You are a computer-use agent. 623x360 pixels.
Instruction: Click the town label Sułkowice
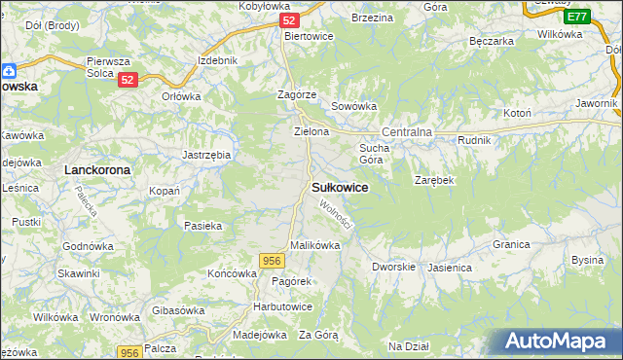(339, 187)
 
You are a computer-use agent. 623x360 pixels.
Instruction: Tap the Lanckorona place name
(96, 169)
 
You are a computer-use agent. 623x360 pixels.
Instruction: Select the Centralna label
(407, 131)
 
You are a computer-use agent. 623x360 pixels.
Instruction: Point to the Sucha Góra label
(375, 153)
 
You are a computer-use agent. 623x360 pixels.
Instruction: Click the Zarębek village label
(434, 181)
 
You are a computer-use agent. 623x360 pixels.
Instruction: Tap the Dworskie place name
(394, 266)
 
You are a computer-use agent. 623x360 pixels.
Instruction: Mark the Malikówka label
(314, 245)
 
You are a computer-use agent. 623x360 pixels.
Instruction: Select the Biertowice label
(309, 36)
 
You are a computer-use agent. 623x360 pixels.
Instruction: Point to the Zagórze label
(296, 94)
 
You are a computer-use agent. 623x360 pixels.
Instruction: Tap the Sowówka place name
(353, 106)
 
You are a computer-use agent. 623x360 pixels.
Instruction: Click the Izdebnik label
(217, 60)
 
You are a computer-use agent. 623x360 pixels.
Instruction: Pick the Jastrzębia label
(206, 154)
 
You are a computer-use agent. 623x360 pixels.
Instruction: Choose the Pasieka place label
(203, 225)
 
